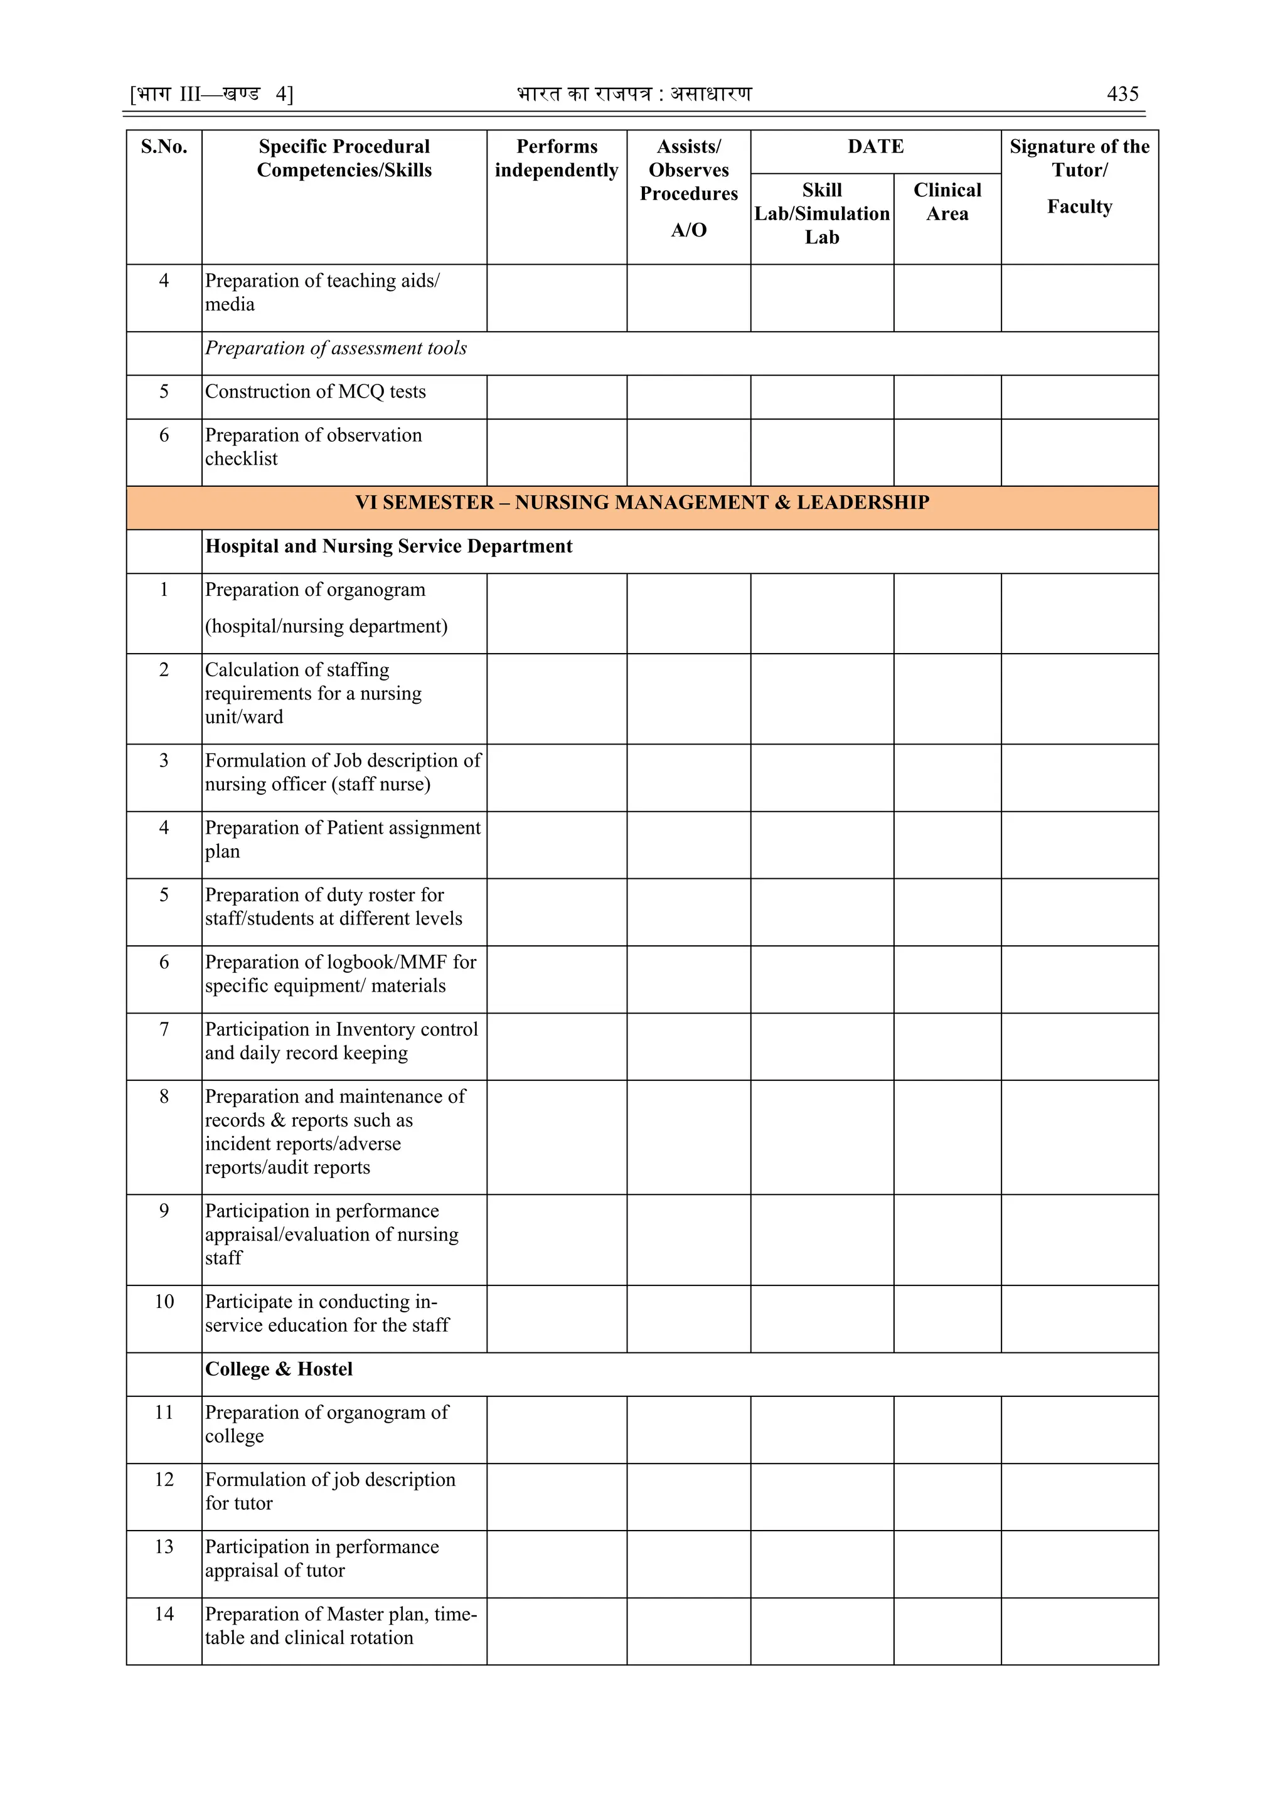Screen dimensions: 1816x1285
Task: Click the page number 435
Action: click(1122, 94)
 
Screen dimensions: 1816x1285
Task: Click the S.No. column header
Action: click(164, 147)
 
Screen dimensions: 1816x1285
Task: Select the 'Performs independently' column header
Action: click(557, 158)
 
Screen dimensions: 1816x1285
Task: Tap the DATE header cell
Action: click(875, 147)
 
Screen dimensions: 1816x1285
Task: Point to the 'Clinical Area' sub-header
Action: click(947, 202)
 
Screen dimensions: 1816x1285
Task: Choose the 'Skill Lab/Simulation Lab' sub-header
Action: click(821, 213)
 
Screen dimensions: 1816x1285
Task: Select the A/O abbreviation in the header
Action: click(688, 230)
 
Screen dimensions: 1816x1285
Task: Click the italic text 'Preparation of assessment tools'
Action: click(336, 348)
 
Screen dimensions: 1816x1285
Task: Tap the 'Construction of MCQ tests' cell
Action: click(315, 391)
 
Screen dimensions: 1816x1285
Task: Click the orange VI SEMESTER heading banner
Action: click(642, 503)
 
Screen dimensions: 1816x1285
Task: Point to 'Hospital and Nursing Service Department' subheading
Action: click(388, 546)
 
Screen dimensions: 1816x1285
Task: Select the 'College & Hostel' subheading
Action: click(279, 1369)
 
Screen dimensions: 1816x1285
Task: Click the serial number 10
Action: click(164, 1302)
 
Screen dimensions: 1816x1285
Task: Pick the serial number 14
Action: click(164, 1613)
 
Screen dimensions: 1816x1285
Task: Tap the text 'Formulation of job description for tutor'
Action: click(330, 1491)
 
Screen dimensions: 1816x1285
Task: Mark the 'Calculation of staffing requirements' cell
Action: click(313, 693)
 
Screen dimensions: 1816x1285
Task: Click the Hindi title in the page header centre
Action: click(634, 94)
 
